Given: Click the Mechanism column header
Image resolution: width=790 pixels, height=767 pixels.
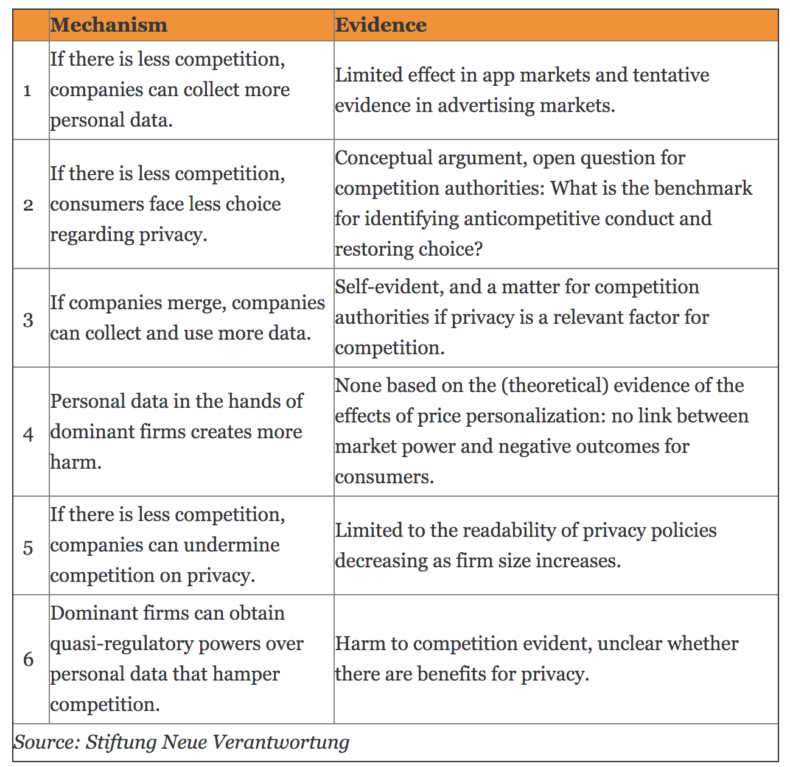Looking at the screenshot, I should [108, 25].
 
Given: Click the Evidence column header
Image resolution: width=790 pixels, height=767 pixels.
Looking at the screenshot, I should [380, 25].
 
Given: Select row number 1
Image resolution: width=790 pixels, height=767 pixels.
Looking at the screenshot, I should [27, 91].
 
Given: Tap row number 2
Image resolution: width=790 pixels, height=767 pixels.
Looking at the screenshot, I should [28, 205].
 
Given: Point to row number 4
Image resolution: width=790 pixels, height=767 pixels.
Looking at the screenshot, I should [28, 433].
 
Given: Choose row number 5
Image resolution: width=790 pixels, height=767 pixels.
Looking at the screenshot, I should [28, 547].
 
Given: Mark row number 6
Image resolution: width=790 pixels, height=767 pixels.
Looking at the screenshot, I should [28, 659].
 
